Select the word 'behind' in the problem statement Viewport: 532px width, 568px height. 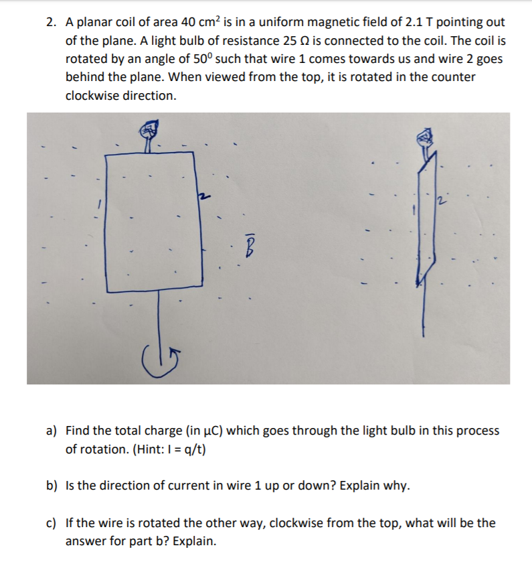click(84, 77)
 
